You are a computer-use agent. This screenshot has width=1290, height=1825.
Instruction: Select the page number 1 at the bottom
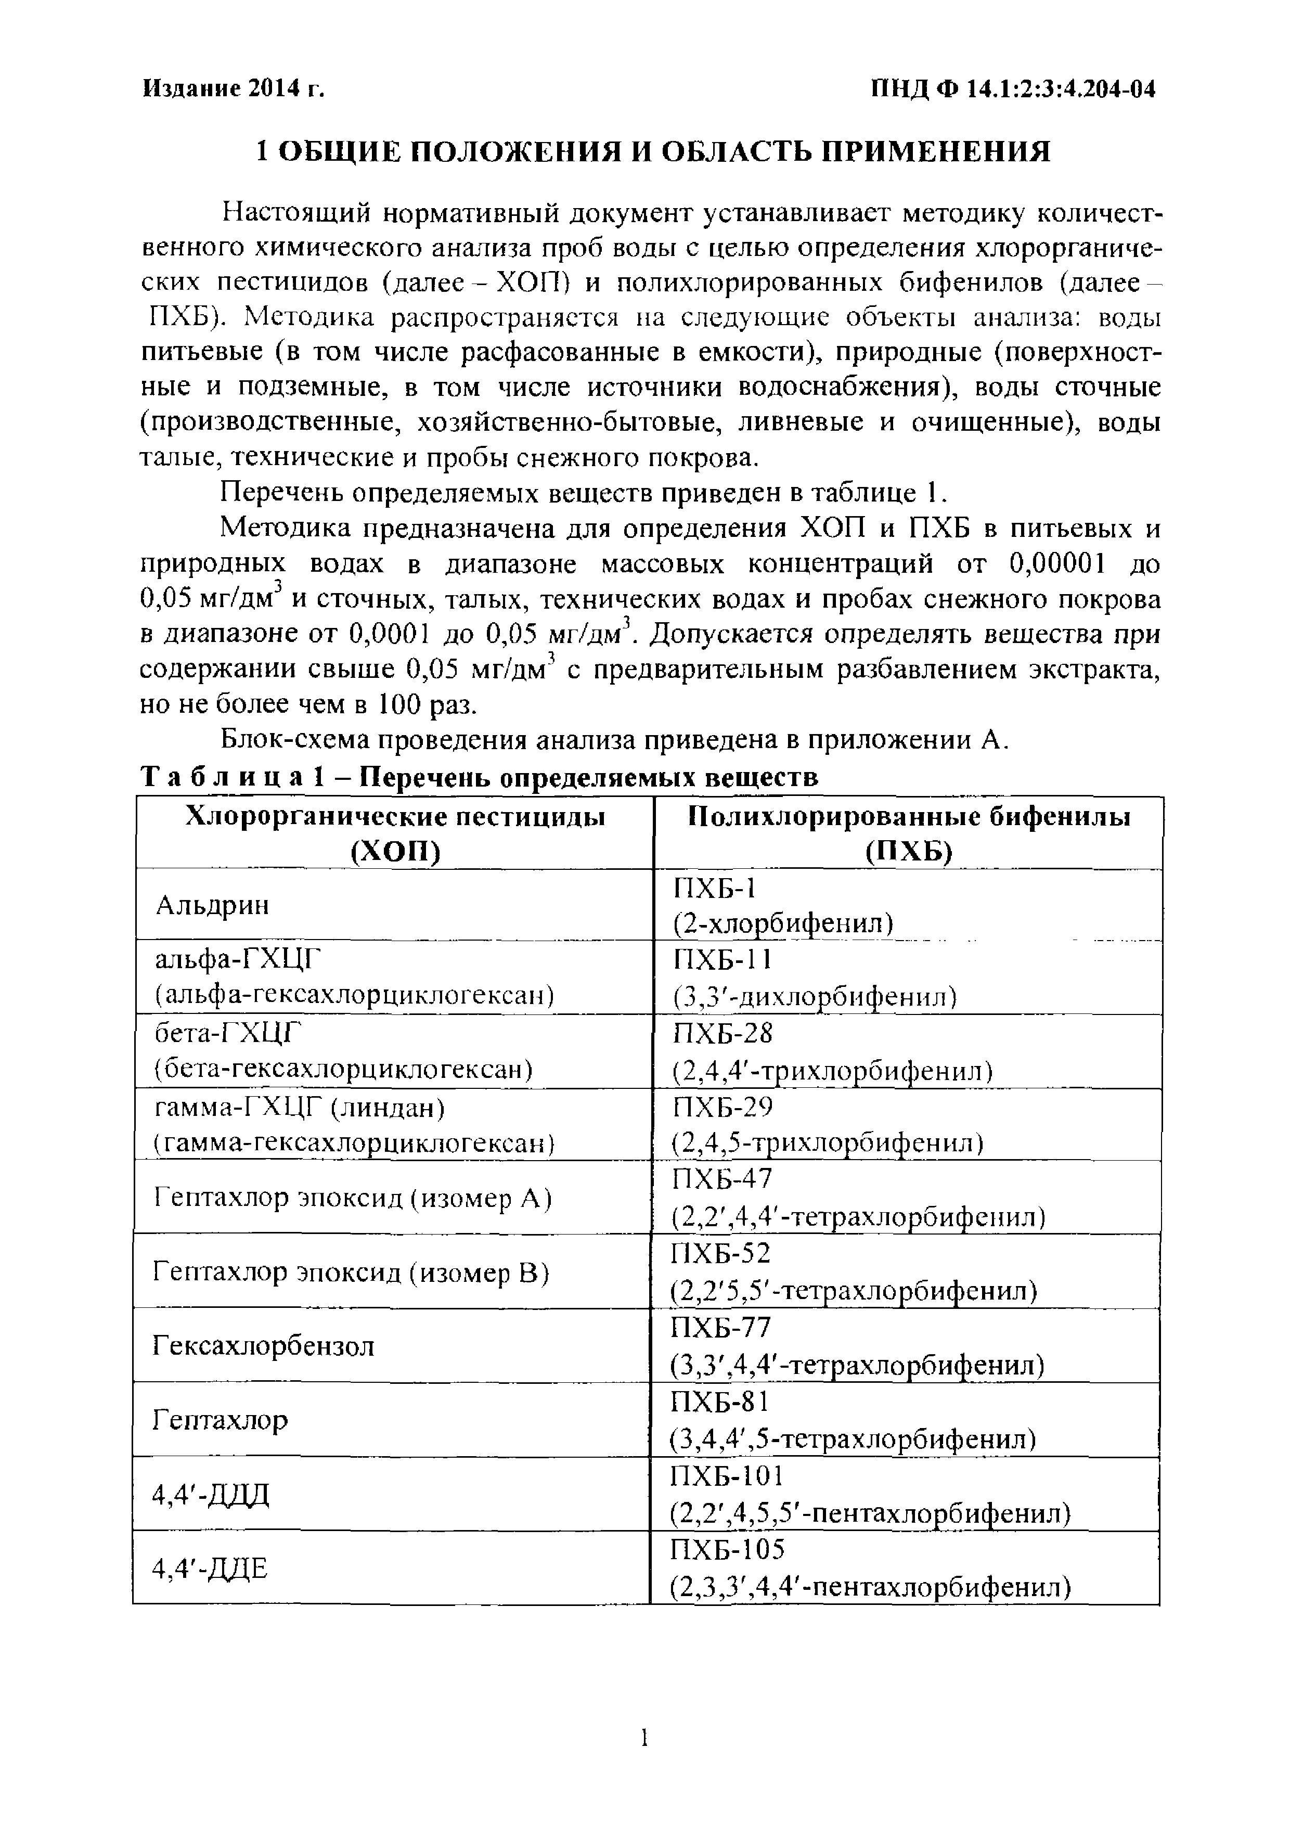point(644,1738)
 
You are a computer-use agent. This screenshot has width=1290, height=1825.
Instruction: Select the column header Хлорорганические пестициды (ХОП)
point(395,833)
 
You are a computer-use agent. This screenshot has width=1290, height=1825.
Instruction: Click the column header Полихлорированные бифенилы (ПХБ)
point(909,833)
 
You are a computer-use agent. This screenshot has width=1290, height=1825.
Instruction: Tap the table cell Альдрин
point(212,905)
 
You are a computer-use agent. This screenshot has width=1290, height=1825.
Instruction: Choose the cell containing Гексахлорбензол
point(263,1346)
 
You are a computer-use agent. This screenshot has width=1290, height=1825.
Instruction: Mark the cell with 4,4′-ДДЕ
point(210,1568)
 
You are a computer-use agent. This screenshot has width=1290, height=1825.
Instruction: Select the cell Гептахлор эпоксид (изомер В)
point(351,1273)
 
